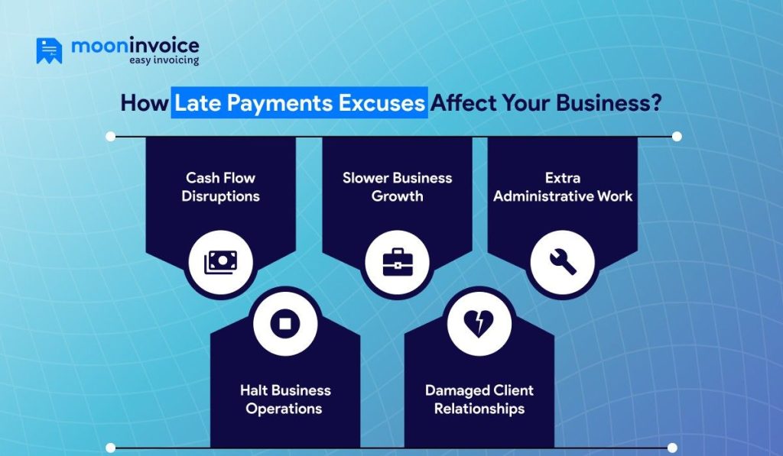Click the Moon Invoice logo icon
tap(49, 50)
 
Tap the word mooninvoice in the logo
tap(135, 46)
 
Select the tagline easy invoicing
tap(163, 60)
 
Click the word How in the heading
tap(143, 103)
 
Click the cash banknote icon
tap(220, 262)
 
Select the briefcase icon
tap(396, 262)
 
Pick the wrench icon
tap(562, 262)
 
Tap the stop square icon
tap(285, 323)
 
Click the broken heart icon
tap(479, 323)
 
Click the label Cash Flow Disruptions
tap(220, 187)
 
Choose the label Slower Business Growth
tap(397, 187)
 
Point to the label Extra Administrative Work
tap(563, 187)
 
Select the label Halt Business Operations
tap(285, 399)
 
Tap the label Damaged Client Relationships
tap(479, 399)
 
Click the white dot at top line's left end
tap(111, 137)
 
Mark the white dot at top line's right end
tap(676, 137)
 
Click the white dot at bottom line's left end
tap(111, 448)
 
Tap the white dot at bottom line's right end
tap(672, 448)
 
